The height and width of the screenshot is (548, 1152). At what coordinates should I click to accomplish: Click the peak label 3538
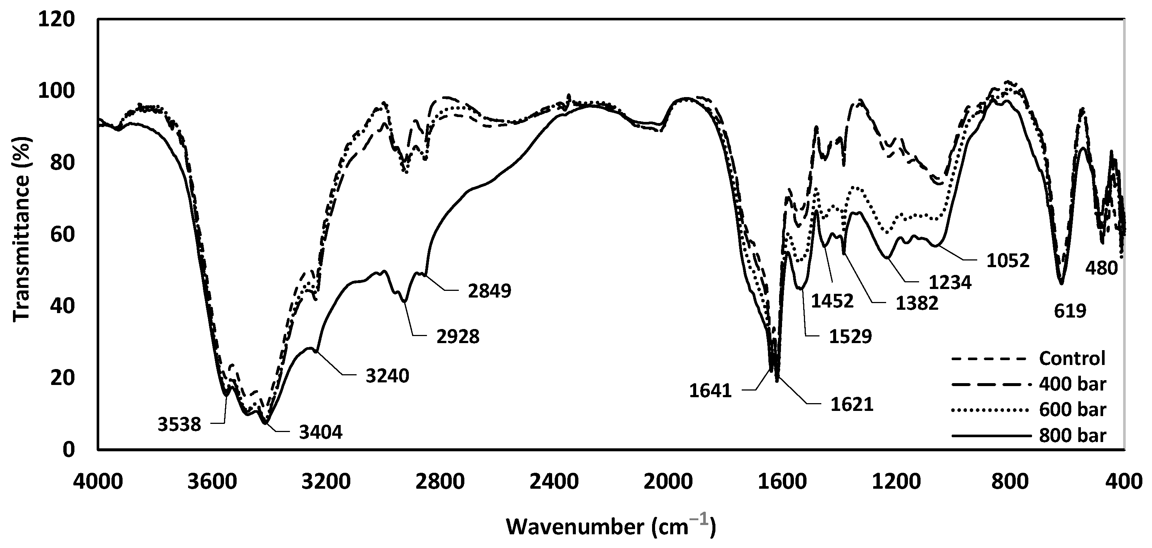coord(179,425)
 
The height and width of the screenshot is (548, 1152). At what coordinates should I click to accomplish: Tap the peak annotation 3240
coord(387,376)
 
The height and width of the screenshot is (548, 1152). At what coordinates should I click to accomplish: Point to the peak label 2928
coord(458,337)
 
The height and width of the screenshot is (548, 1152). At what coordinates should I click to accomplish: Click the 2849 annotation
coord(490,291)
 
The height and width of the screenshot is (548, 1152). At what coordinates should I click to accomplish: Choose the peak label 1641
coord(710,391)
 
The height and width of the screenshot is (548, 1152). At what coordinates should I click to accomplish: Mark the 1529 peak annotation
coord(851,337)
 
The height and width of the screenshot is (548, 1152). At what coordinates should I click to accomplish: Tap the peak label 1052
coord(1008,261)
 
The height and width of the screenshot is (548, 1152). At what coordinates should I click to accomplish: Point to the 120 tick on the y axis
coord(56,20)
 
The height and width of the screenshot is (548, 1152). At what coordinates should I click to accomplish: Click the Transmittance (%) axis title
coord(21,235)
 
